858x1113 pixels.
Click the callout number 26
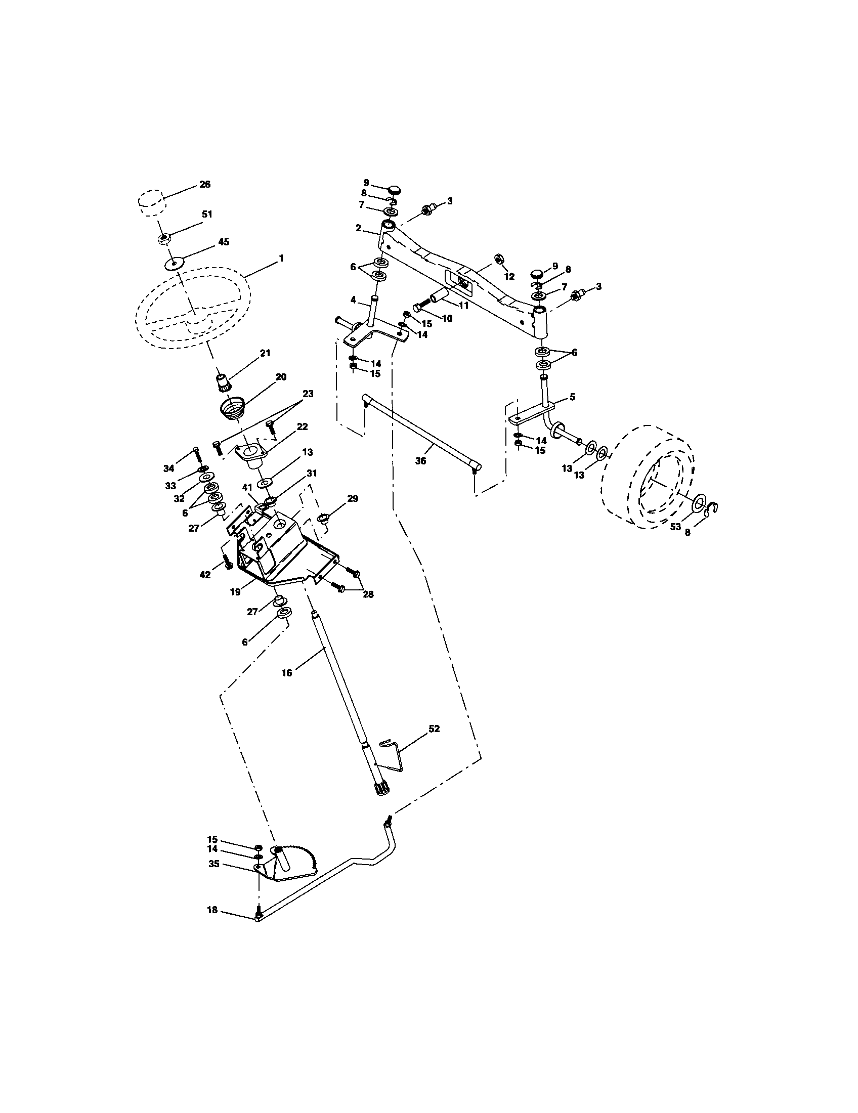point(205,185)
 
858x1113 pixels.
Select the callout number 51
point(206,215)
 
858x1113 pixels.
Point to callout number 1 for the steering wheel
point(281,259)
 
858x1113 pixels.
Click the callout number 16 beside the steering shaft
point(287,673)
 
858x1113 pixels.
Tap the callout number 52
point(434,729)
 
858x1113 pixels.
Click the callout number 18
point(212,910)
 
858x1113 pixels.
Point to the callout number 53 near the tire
point(675,527)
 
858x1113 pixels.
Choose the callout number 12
point(509,277)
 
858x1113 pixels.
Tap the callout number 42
point(204,575)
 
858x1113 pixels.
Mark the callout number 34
point(168,468)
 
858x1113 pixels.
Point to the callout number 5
point(573,397)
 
